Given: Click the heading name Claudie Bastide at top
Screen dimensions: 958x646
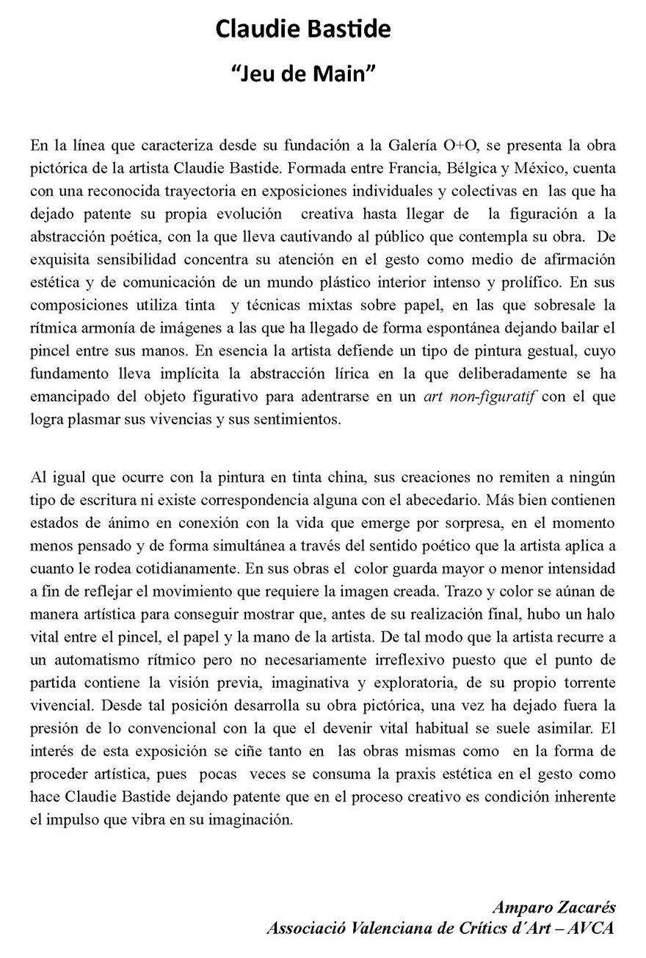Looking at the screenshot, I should (302, 29).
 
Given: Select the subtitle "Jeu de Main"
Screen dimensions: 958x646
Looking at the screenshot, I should (302, 73).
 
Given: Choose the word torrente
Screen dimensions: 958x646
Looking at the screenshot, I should (584, 683).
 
